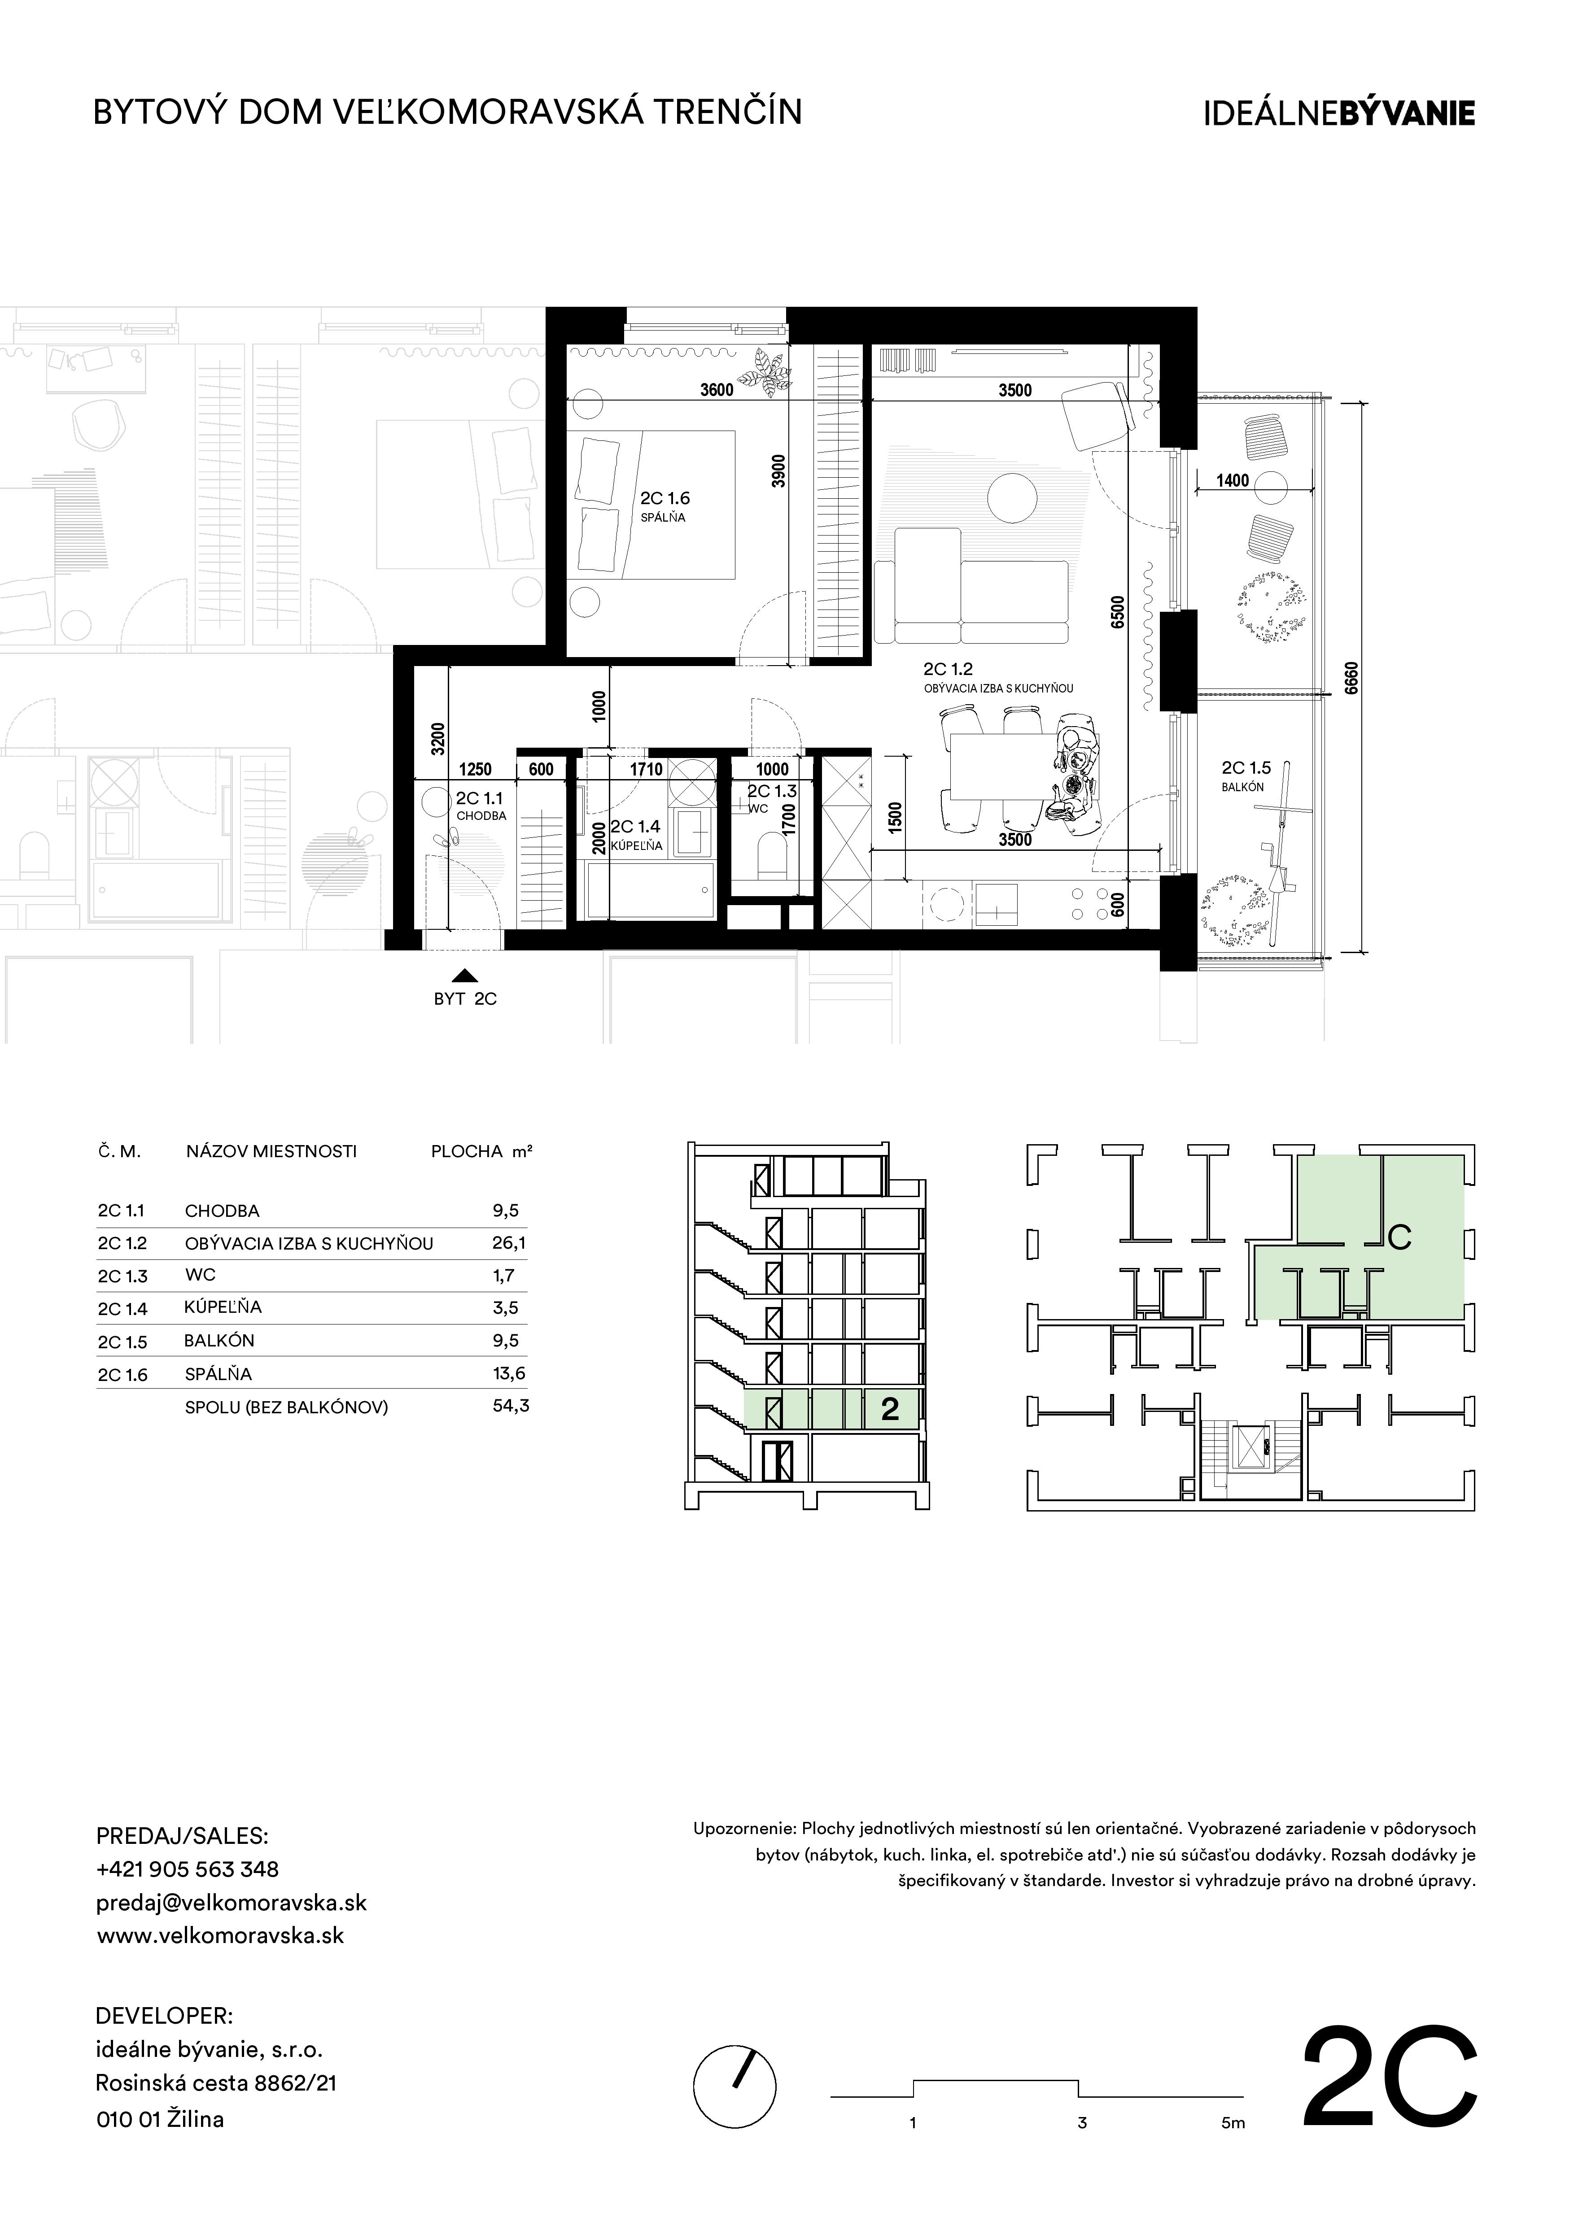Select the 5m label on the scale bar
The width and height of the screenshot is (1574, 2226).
(x=1233, y=2123)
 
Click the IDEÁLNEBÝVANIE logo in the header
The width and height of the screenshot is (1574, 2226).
(x=1338, y=113)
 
